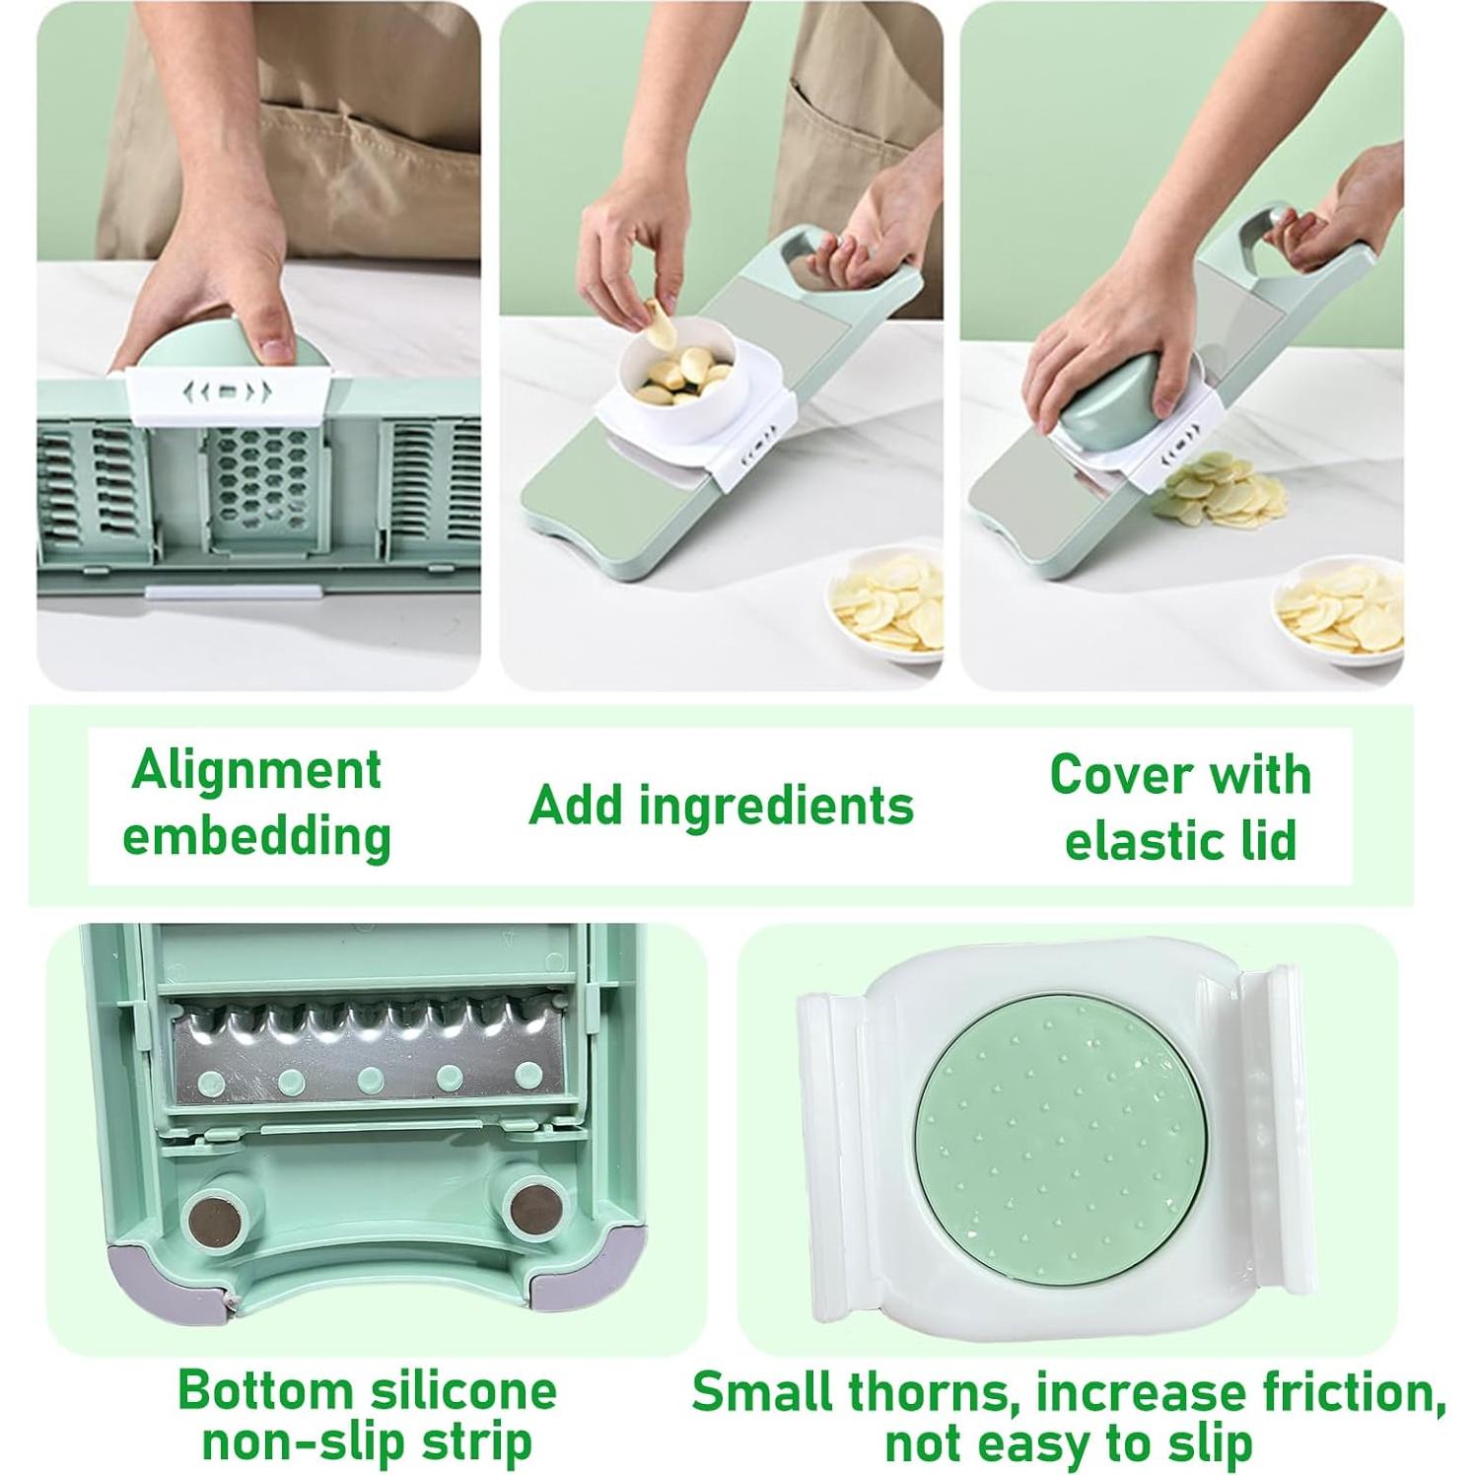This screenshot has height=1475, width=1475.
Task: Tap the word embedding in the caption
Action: pyautogui.click(x=257, y=835)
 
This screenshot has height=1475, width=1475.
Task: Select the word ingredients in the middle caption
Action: pyautogui.click(x=776, y=806)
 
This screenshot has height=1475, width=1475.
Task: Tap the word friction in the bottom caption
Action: pyautogui.click(x=1345, y=1393)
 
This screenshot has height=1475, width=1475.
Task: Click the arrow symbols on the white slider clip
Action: pyautogui.click(x=227, y=391)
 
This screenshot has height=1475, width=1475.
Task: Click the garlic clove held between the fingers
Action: pyautogui.click(x=657, y=321)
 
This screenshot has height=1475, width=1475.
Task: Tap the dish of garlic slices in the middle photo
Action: pyautogui.click(x=884, y=604)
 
